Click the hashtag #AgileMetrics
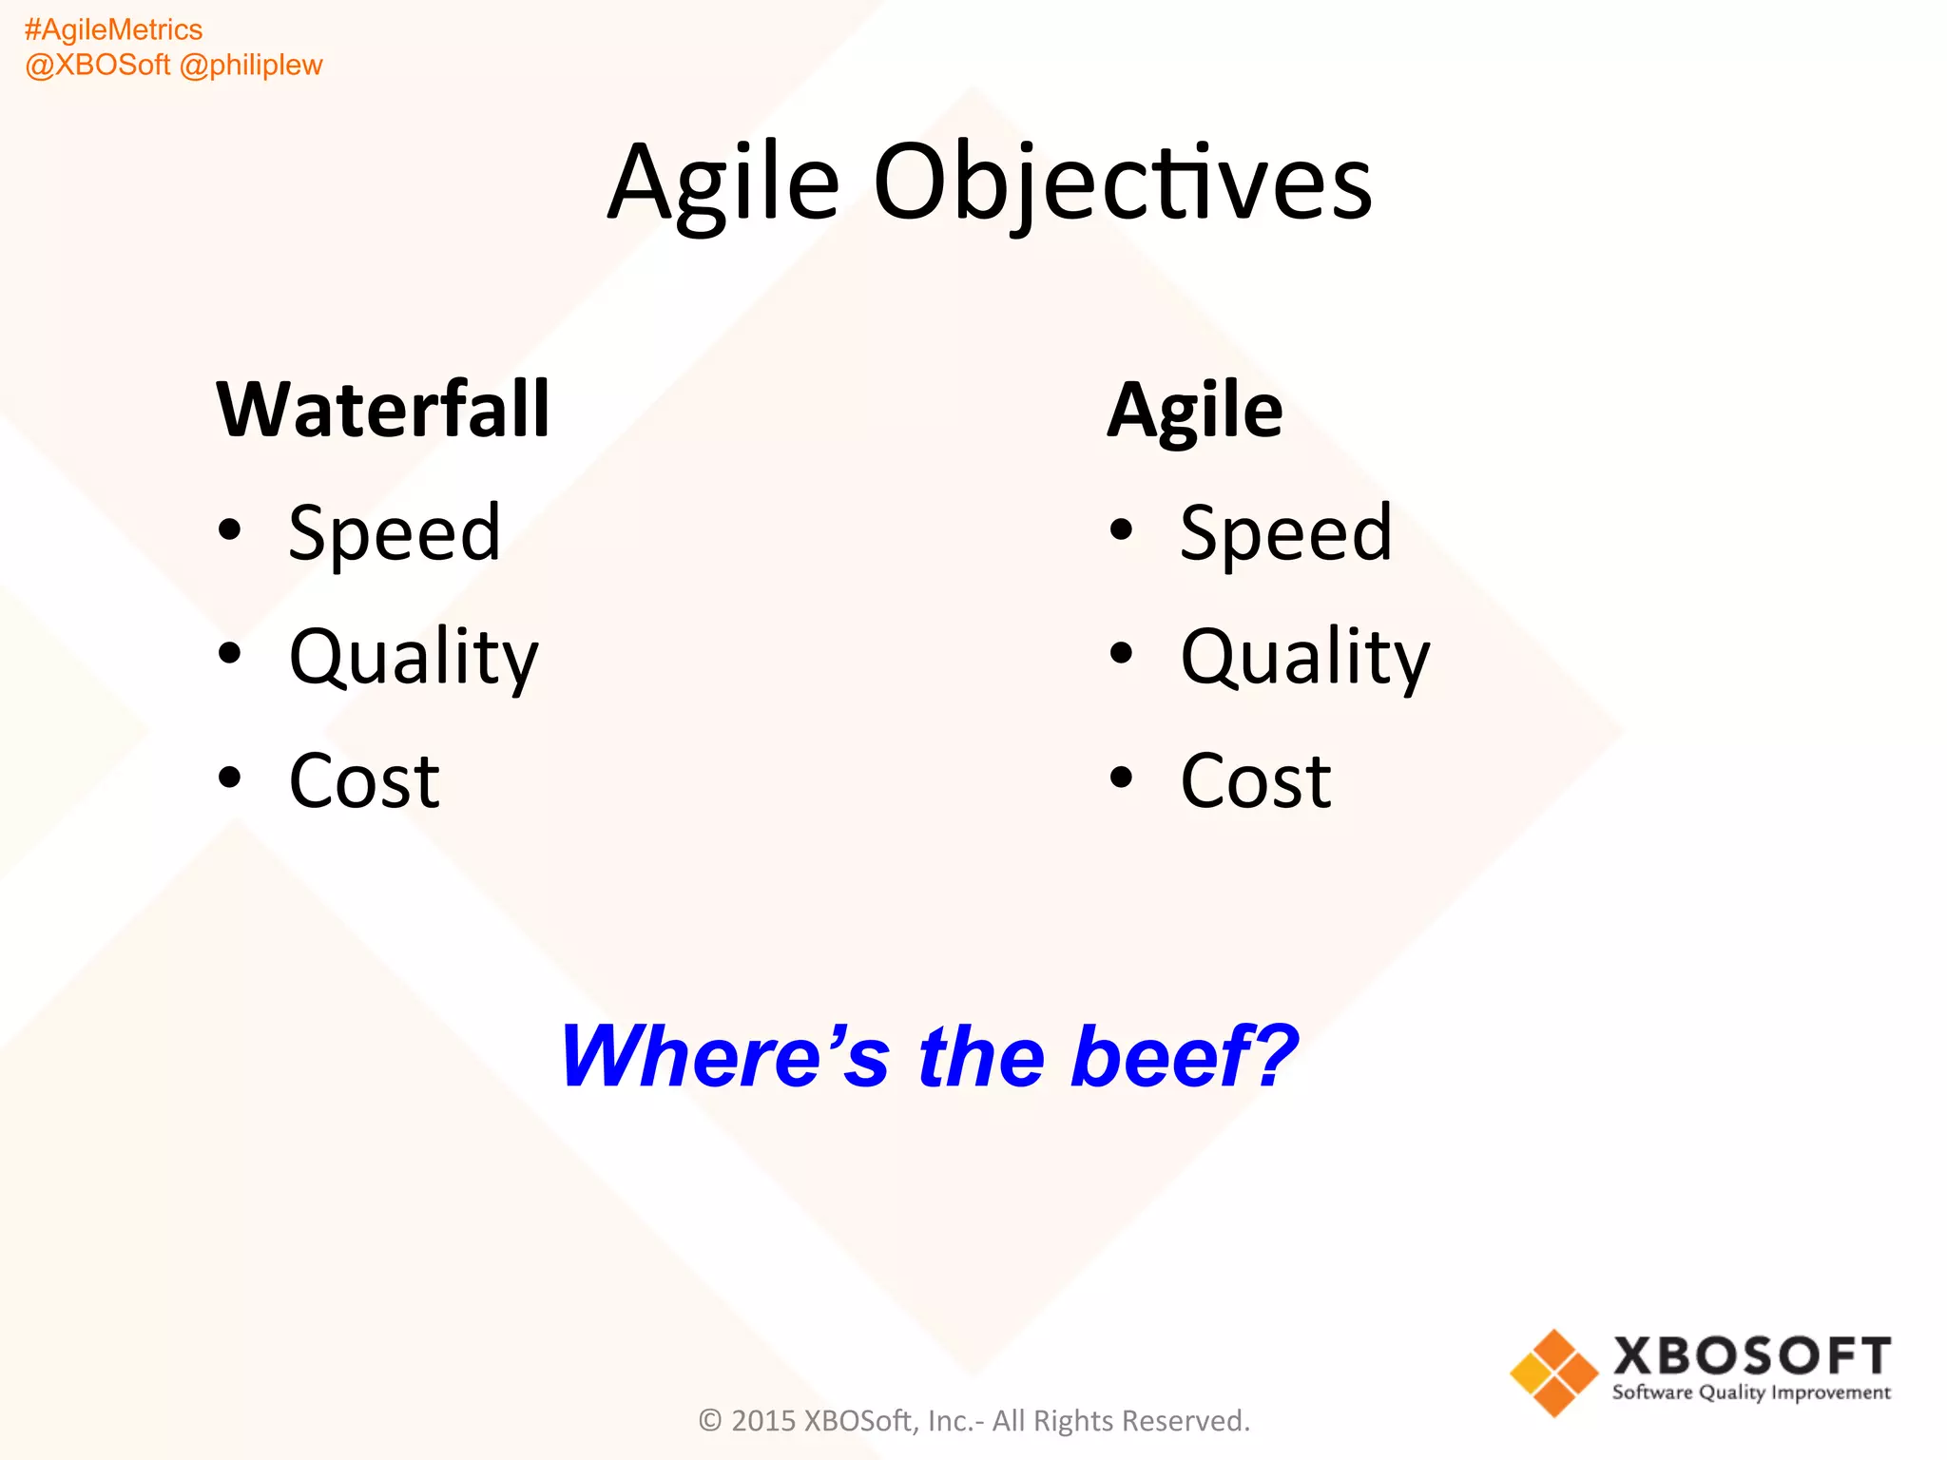(113, 30)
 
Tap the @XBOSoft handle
(97, 66)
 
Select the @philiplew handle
(251, 66)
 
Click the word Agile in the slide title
(723, 182)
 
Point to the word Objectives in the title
(1122, 182)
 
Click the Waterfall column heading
(383, 410)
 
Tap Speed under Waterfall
(395, 534)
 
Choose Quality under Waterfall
(414, 658)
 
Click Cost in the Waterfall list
(364, 781)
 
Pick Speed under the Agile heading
(1285, 534)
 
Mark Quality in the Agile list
(1304, 658)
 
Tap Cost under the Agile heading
(1255, 781)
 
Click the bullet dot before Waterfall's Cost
(229, 778)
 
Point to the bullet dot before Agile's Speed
(1122, 529)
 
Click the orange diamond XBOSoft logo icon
(1553, 1373)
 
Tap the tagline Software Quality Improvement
(1750, 1393)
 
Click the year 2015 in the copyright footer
(762, 1421)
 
